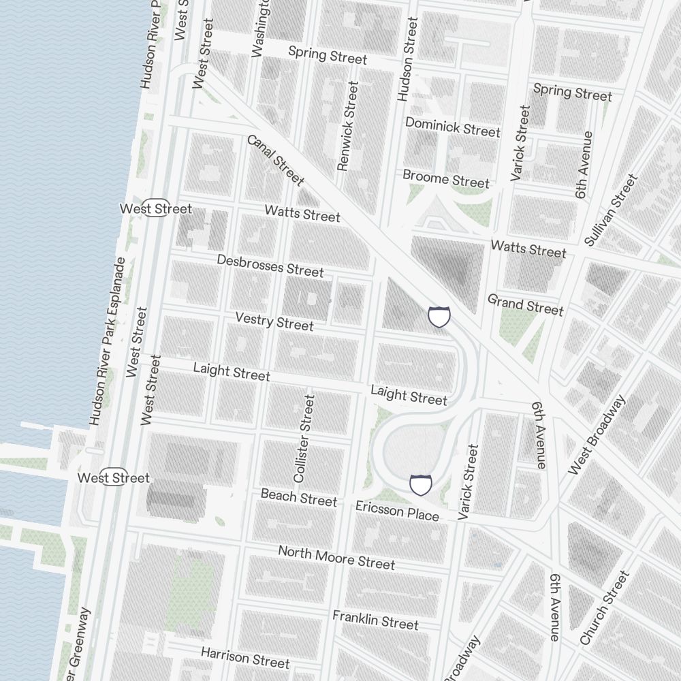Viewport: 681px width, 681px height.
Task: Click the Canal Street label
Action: click(275, 160)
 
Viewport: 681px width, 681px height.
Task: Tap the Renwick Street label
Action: click(347, 127)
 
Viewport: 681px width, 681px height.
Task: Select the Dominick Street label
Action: click(453, 127)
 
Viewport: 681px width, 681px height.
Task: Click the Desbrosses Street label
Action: click(270, 266)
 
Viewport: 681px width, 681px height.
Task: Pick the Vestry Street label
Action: click(274, 321)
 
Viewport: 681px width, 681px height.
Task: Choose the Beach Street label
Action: click(299, 498)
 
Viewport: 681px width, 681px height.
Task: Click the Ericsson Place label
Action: click(397, 511)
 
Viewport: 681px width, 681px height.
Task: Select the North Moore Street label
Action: click(336, 557)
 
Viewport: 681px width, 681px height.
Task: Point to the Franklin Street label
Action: click(375, 620)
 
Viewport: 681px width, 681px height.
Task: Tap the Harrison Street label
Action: click(245, 657)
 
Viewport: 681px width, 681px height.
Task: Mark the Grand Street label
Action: click(526, 304)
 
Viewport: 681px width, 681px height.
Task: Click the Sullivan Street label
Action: click(612, 210)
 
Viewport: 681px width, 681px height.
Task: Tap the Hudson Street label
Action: click(407, 60)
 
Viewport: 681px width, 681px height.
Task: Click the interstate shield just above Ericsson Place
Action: click(421, 485)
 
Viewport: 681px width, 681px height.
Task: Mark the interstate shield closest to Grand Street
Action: click(439, 317)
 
